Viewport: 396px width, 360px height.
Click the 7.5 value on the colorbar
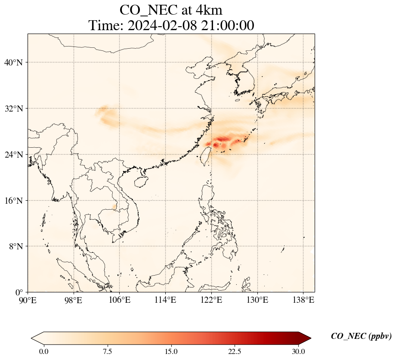107,351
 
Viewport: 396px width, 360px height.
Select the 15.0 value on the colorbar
171,351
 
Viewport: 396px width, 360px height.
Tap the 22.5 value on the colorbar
235,351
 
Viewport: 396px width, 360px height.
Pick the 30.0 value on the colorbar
298,351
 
